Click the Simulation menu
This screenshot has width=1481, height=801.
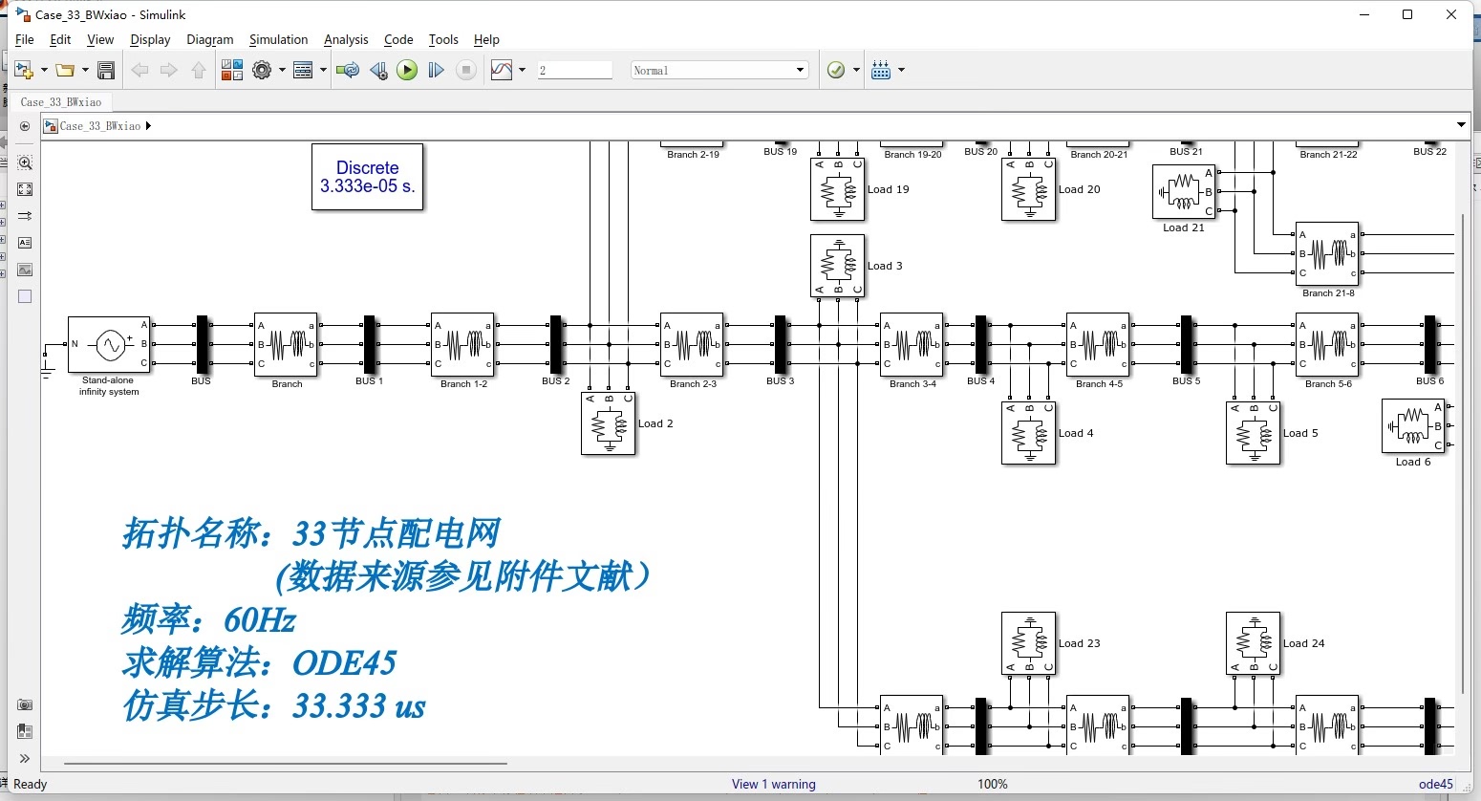[x=278, y=39]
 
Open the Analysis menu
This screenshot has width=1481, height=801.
[x=345, y=39]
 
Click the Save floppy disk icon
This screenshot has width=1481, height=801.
[x=106, y=70]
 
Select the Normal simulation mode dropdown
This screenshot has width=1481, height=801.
[x=719, y=70]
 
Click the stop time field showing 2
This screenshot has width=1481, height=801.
[x=574, y=70]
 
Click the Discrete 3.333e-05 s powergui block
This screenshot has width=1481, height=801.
[x=367, y=177]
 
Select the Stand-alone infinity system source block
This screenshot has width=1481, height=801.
[x=109, y=344]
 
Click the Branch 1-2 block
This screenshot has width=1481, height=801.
[x=462, y=344]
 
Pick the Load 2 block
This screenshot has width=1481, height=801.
[x=609, y=423]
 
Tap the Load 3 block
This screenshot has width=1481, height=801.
[x=838, y=266]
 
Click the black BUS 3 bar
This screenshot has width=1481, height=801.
[x=781, y=344]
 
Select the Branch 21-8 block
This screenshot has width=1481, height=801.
[x=1327, y=254]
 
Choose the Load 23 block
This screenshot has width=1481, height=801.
[x=1029, y=643]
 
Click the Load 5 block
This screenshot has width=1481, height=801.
[x=1254, y=433]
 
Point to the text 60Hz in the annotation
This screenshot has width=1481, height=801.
[x=259, y=620]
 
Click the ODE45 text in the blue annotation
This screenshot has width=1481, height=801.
[x=344, y=662]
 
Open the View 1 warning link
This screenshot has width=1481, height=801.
[x=773, y=784]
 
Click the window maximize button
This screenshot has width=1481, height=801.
[x=1407, y=14]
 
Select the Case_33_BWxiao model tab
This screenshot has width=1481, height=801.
[x=61, y=102]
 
